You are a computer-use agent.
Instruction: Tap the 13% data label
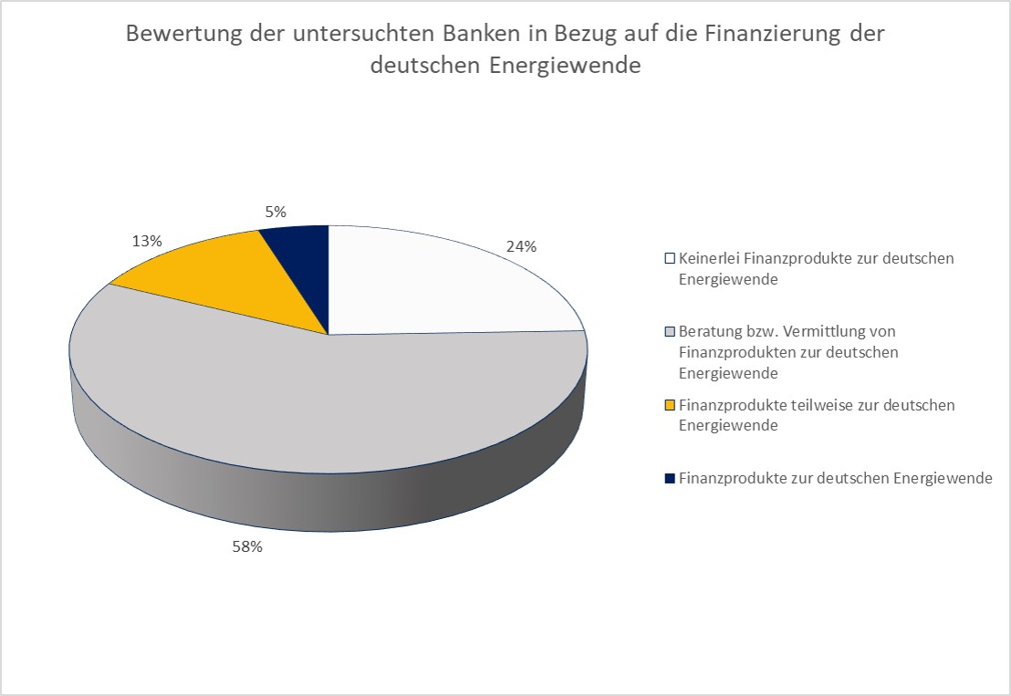[147, 242]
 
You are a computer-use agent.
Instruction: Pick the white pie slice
[429, 278]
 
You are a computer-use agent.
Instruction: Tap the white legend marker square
[671, 258]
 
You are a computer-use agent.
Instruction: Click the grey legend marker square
[671, 331]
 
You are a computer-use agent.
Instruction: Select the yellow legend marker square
[671, 404]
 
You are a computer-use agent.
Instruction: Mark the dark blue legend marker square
[671, 478]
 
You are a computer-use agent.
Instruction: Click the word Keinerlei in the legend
[709, 258]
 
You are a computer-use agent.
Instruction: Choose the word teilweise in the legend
[803, 404]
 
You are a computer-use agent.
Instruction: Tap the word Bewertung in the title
[177, 34]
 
